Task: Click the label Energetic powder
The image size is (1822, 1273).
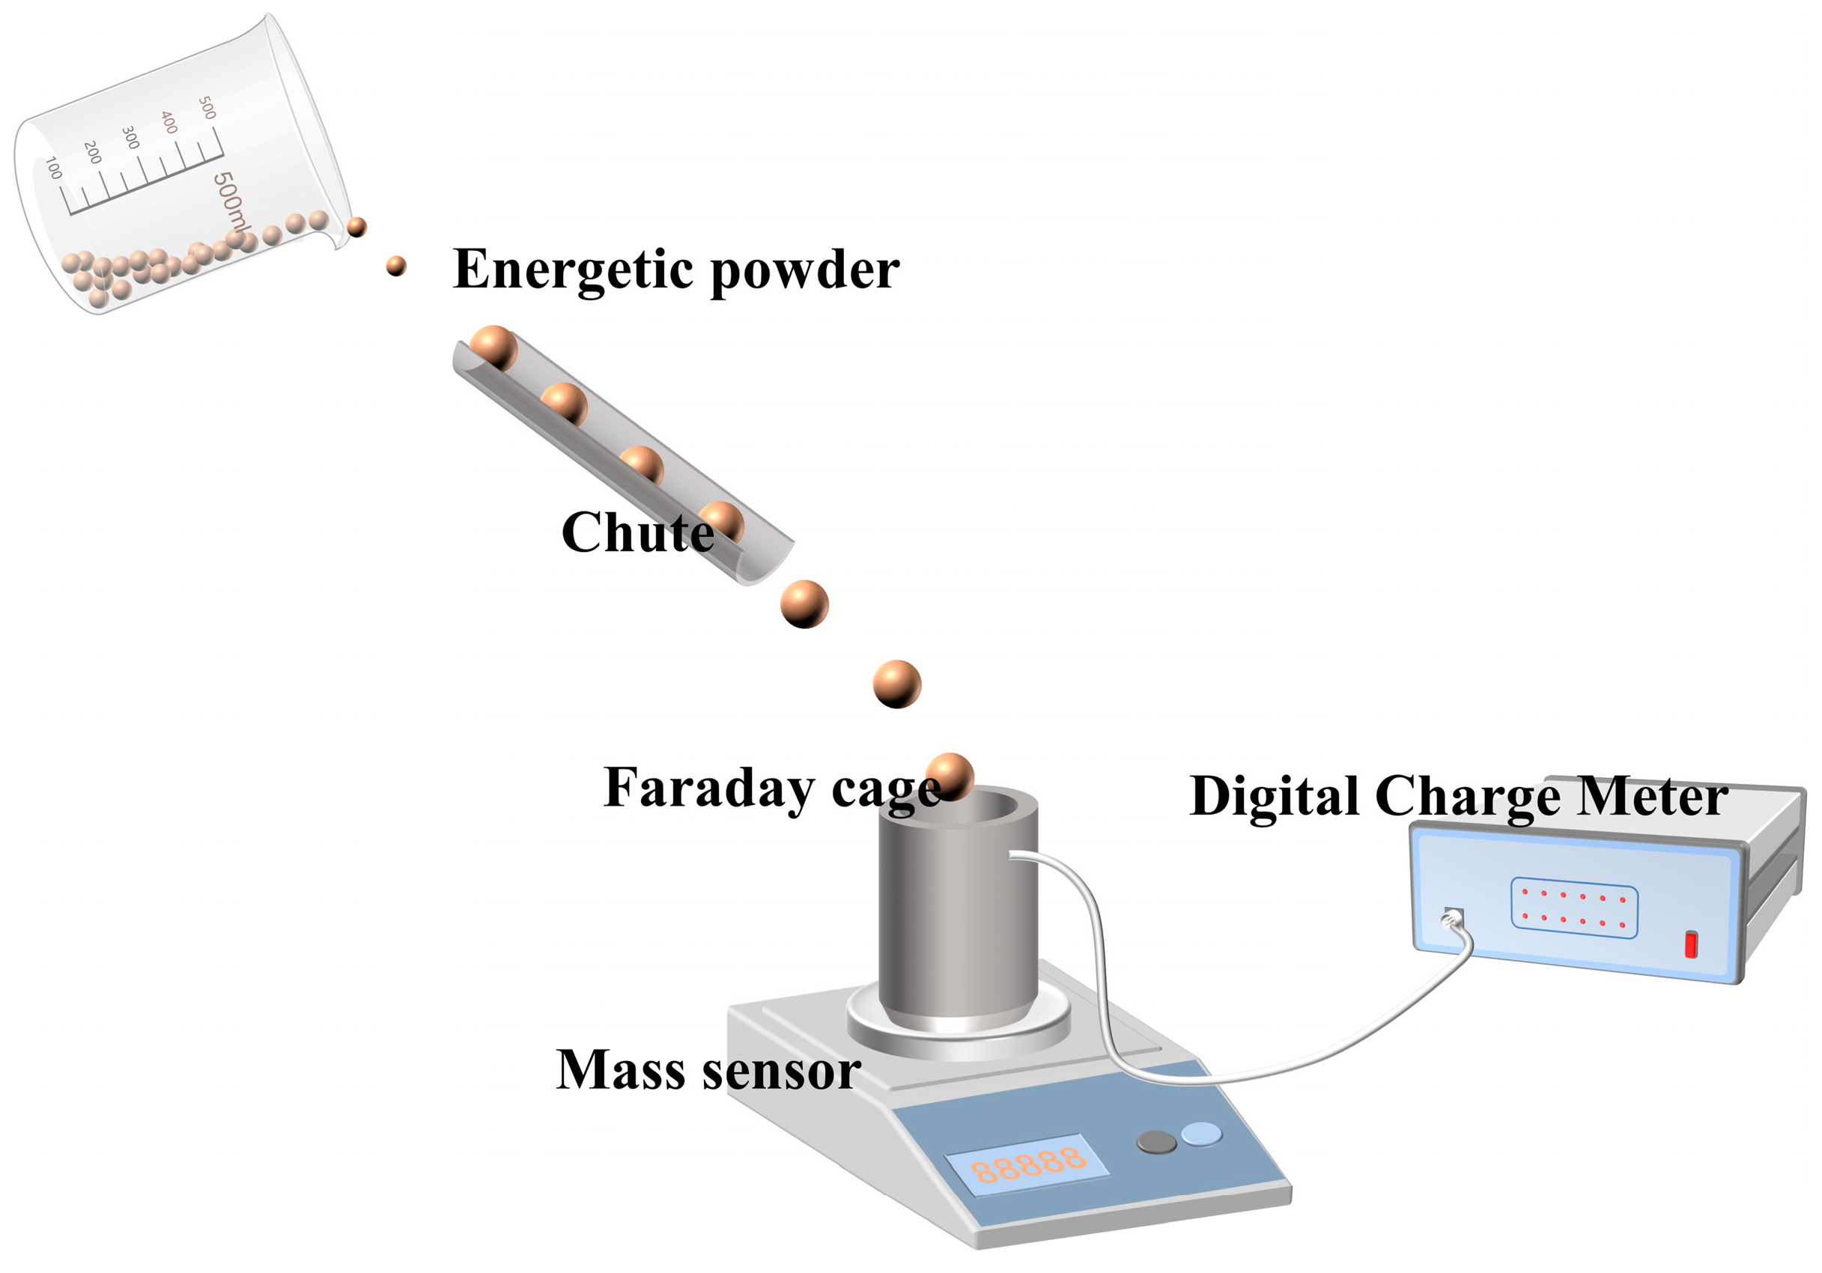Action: (676, 270)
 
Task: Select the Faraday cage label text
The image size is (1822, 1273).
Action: (771, 788)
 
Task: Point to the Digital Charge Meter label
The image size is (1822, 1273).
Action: (1459, 796)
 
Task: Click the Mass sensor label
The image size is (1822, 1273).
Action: (708, 1070)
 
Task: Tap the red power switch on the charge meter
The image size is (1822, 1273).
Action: (1691, 944)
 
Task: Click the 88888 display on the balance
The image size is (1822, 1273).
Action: (1028, 1164)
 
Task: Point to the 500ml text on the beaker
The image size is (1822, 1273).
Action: (231, 202)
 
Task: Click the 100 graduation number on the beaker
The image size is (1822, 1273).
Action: (54, 168)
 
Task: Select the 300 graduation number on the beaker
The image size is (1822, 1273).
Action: (131, 137)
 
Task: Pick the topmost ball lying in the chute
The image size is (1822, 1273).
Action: (494, 347)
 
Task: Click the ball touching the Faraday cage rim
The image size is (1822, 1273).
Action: (950, 775)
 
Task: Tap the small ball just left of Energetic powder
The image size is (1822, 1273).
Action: (396, 266)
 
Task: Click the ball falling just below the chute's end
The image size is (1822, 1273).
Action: (805, 604)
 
